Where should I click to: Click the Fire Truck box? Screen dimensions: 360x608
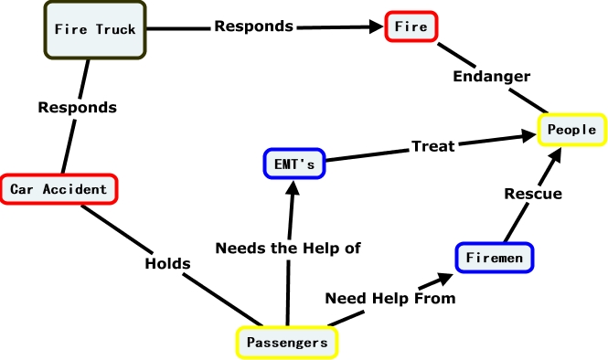(x=95, y=29)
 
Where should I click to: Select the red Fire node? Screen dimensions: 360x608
(x=411, y=27)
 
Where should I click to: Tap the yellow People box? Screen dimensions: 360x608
(x=571, y=130)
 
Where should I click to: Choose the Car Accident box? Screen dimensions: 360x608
(x=59, y=189)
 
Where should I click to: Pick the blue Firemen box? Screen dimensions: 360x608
(x=493, y=259)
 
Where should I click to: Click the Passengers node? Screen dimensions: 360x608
(x=287, y=343)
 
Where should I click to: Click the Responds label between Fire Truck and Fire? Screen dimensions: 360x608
(x=253, y=26)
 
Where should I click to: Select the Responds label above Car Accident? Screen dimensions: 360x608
(x=77, y=107)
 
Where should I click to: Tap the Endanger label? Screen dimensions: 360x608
(x=492, y=76)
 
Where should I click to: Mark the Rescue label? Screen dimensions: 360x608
(x=533, y=194)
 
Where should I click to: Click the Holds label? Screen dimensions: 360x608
(x=167, y=263)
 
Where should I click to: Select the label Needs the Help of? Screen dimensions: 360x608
(x=288, y=247)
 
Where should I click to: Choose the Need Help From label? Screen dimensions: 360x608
(x=390, y=297)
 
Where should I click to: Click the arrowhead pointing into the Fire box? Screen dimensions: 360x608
(x=377, y=27)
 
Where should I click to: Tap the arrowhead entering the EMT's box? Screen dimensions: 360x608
(x=292, y=187)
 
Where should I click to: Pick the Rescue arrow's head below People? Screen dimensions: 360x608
(x=558, y=153)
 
